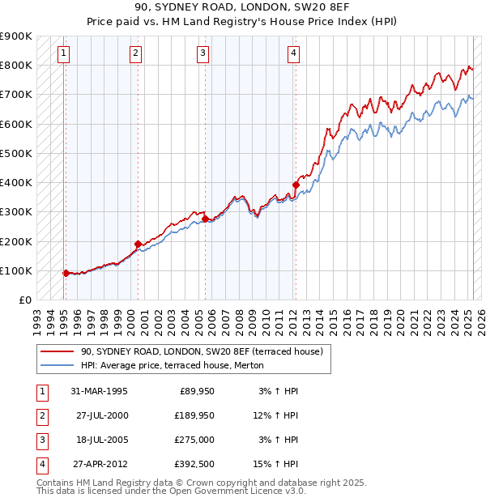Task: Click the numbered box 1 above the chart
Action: [x=63, y=54]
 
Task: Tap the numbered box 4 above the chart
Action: [x=293, y=54]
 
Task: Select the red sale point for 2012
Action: [x=296, y=185]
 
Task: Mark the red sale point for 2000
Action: [x=138, y=244]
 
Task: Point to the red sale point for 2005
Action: [x=205, y=219]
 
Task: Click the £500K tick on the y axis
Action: [x=16, y=153]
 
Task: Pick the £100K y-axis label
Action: [x=16, y=270]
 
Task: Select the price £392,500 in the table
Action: [x=194, y=464]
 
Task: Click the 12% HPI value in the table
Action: [x=276, y=415]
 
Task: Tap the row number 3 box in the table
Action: [x=40, y=440]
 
